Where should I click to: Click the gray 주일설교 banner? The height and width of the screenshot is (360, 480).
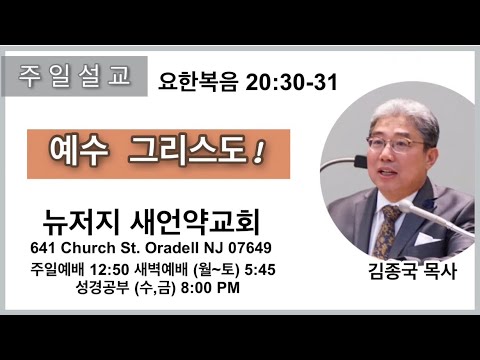(74, 76)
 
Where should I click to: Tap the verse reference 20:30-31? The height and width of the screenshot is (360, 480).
(292, 82)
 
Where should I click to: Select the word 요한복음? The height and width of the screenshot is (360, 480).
(198, 82)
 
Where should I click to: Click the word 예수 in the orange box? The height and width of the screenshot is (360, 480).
(79, 152)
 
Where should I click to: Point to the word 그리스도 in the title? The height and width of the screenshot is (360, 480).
(187, 152)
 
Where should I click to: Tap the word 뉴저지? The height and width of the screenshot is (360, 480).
(81, 222)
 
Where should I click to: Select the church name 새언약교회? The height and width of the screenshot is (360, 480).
(195, 222)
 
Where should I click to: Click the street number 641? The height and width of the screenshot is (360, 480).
(43, 248)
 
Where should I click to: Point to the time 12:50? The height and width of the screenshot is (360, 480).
(109, 270)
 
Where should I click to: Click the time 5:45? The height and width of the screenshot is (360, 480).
(260, 270)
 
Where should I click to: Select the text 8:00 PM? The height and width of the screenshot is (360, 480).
(210, 288)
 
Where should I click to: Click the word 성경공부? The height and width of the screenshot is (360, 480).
(102, 288)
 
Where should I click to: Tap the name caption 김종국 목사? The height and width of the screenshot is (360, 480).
(412, 271)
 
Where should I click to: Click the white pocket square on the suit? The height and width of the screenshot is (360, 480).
(426, 239)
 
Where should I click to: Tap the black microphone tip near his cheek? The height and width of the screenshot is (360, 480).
(361, 161)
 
